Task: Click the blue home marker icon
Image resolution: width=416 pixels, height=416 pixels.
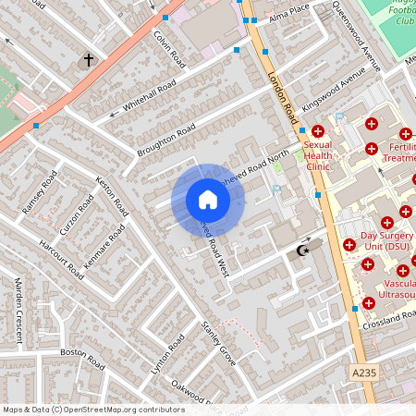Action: click(208, 200)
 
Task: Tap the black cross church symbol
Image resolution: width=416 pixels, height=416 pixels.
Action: click(89, 60)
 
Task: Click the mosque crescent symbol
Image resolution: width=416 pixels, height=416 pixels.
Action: click(300, 250)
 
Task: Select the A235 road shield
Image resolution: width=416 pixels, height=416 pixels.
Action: click(390, 372)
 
